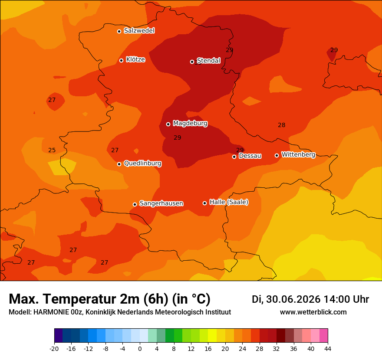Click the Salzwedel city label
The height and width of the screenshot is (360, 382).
(x=139, y=31)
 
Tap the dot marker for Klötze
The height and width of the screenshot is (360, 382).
(x=121, y=60)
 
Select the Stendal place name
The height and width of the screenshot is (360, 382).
(x=208, y=60)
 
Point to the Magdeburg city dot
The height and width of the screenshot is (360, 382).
(x=168, y=124)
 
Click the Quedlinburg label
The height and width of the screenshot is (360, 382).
(x=142, y=164)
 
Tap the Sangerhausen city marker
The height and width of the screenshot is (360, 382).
(x=135, y=204)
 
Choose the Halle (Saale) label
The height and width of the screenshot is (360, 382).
(x=229, y=202)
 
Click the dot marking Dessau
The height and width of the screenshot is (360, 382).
(x=234, y=157)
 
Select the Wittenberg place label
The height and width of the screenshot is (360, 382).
(x=299, y=154)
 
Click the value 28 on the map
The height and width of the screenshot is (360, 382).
(x=282, y=125)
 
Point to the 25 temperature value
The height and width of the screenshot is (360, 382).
(x=52, y=150)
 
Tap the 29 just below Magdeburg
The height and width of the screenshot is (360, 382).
(x=178, y=138)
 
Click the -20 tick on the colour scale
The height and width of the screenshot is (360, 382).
(x=54, y=349)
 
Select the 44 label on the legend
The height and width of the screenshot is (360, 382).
(x=328, y=349)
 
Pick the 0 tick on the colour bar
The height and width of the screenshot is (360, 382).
(x=140, y=349)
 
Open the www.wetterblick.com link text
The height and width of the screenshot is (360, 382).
(x=313, y=312)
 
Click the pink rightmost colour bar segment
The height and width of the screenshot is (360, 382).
(x=323, y=335)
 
